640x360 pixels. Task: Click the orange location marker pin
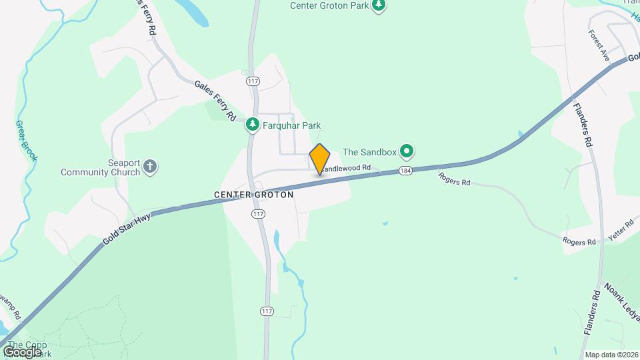(x=320, y=159)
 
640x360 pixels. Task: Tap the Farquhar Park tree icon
(x=252, y=125)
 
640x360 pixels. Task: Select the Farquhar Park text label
(x=292, y=125)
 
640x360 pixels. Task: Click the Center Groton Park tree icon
(x=379, y=6)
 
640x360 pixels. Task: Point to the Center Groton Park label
(x=329, y=5)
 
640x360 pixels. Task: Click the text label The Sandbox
(x=369, y=152)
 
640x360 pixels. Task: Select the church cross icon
(x=151, y=167)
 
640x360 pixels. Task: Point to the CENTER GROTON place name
(x=254, y=195)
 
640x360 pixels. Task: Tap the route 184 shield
(x=405, y=171)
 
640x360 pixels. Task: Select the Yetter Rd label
(x=621, y=231)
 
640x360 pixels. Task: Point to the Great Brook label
(x=27, y=141)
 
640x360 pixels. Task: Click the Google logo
(x=22, y=351)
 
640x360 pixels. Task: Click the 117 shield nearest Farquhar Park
(x=253, y=81)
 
